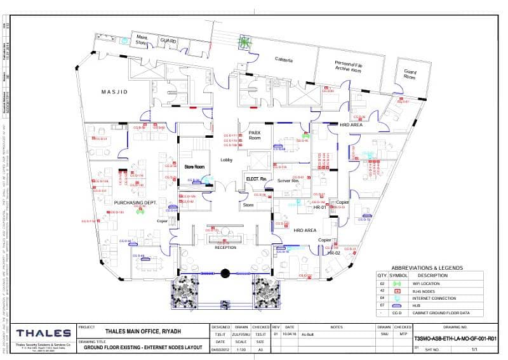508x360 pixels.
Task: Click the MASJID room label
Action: point(114,92)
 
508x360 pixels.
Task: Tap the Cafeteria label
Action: point(283,60)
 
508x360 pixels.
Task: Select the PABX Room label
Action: point(255,135)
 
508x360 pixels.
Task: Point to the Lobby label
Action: point(227,160)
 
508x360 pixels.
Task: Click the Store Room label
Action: point(194,167)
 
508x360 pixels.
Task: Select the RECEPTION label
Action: point(225,248)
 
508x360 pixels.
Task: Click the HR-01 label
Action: point(319,208)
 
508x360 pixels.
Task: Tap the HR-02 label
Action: point(335,253)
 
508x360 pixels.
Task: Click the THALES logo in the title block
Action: point(43,333)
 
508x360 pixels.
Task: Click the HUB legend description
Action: point(422,305)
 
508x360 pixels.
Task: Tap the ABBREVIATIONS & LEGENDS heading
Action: point(427,268)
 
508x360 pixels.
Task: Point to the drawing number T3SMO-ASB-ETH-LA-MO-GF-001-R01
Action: point(454,339)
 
